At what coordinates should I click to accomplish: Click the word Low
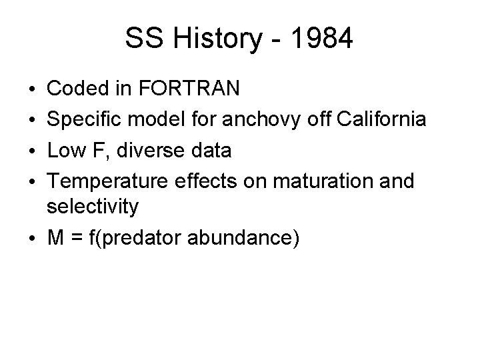point(66,150)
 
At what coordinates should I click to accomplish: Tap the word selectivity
point(93,207)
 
